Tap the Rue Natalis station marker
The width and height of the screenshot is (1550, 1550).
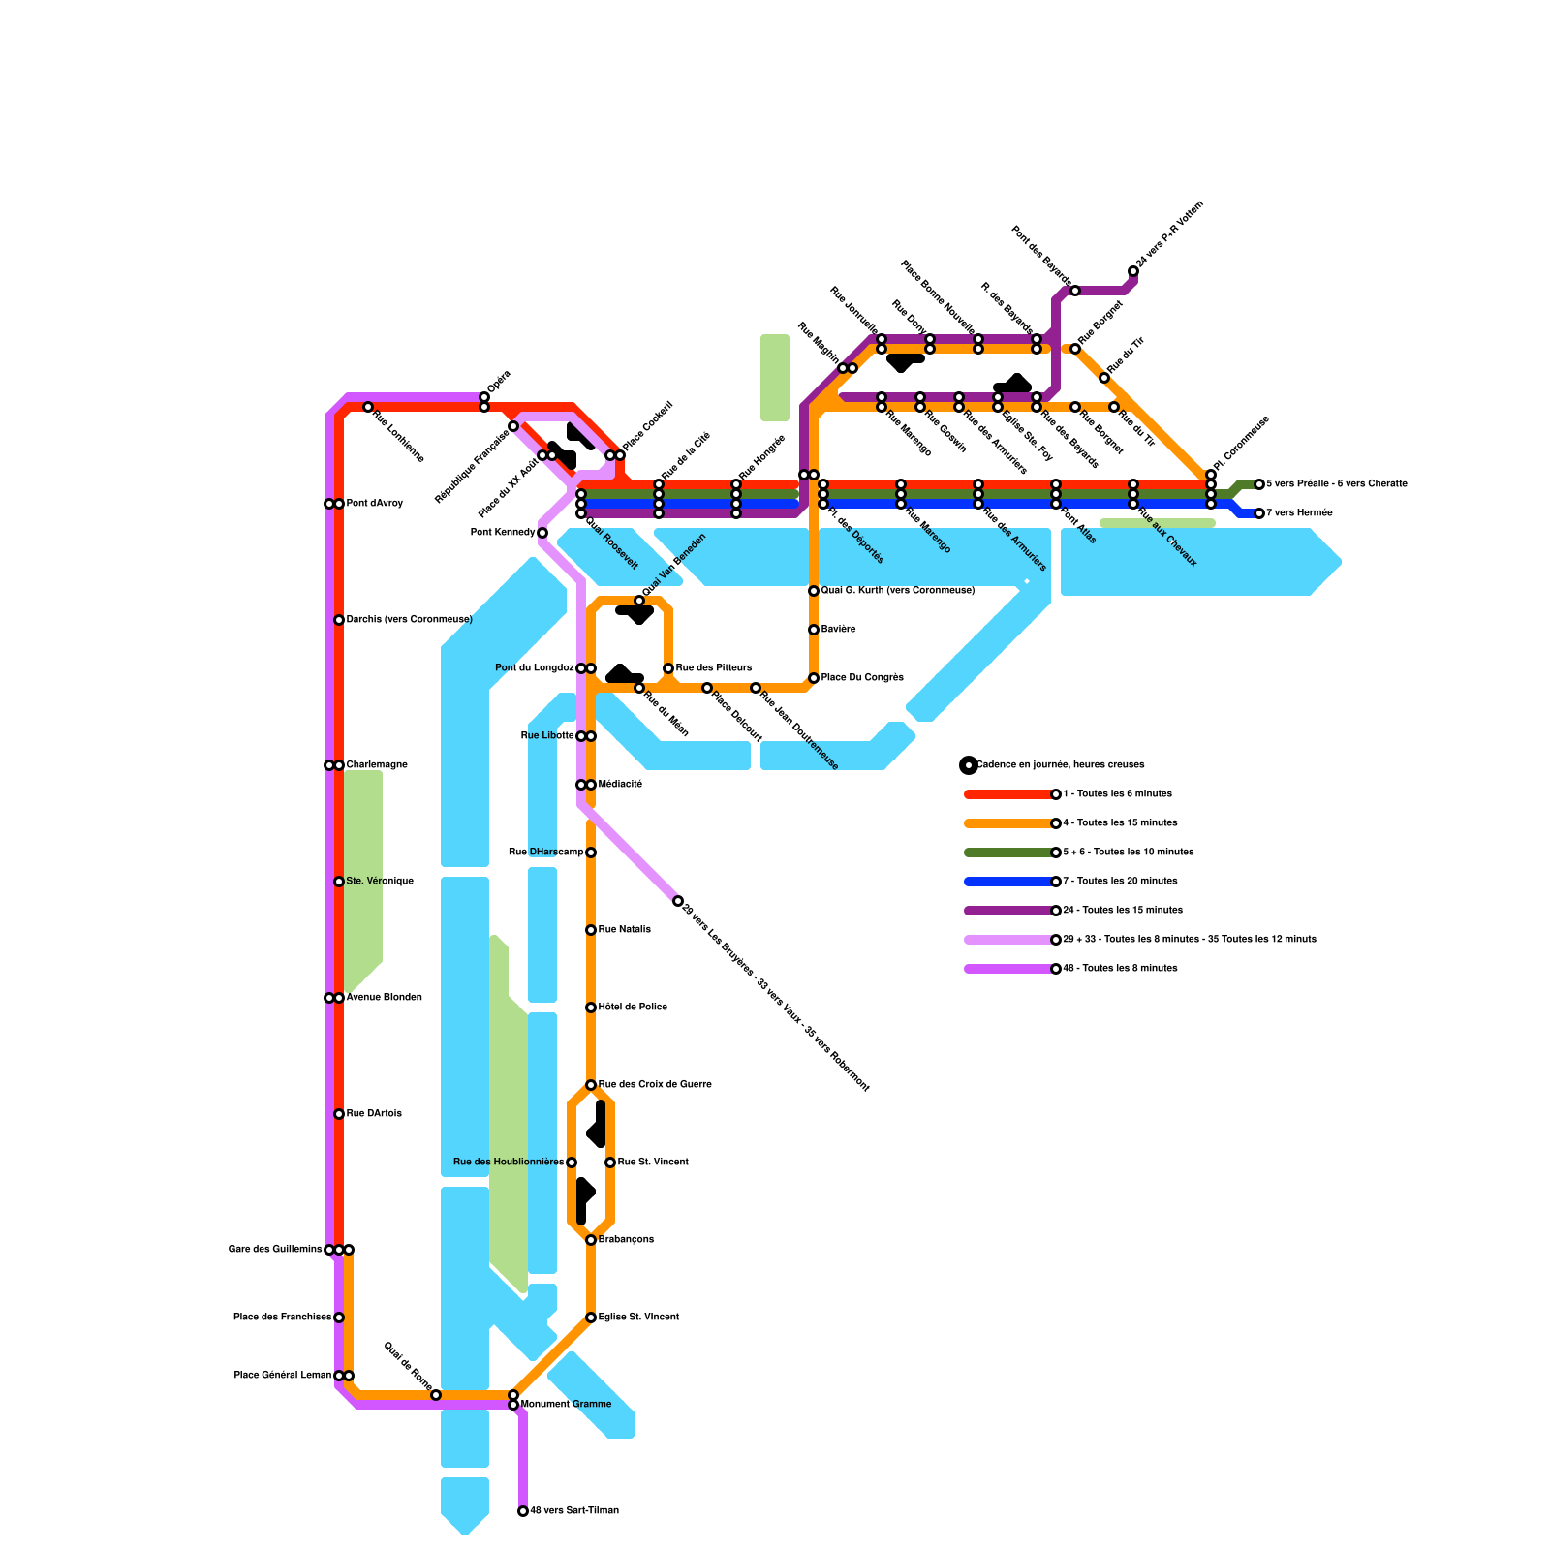click(591, 930)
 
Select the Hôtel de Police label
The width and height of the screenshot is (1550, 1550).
click(633, 1007)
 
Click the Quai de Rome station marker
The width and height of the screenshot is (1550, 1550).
click(436, 1395)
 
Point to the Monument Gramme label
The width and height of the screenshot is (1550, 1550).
click(567, 1405)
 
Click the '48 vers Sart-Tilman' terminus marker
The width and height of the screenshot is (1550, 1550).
click(523, 1511)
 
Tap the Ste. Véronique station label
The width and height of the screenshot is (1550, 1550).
click(380, 882)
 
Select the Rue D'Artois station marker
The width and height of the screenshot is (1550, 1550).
click(339, 1114)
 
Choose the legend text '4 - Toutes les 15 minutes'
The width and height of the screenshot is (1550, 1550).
click(1120, 823)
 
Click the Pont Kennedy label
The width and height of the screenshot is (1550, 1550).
click(502, 533)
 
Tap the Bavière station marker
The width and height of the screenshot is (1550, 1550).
click(814, 630)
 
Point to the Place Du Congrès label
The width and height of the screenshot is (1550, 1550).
click(862, 678)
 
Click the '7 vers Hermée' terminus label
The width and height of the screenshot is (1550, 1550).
click(1299, 513)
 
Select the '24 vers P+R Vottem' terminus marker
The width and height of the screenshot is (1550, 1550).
click(1133, 271)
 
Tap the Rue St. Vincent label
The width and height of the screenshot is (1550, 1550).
click(653, 1162)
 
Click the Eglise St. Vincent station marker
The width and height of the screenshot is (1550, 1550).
click(591, 1317)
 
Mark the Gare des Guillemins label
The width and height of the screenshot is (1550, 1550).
click(275, 1250)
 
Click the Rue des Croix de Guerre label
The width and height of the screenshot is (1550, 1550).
click(655, 1085)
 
